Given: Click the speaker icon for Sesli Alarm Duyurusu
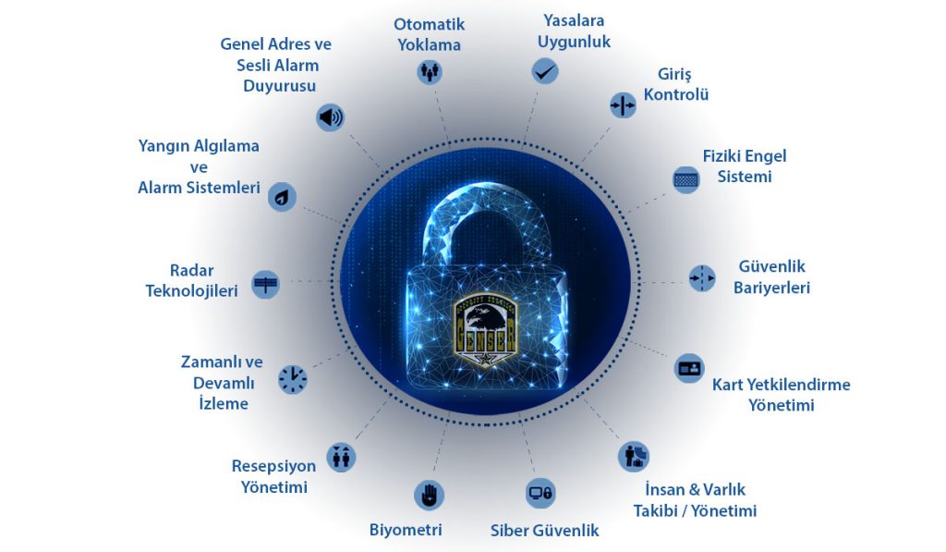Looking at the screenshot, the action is pyautogui.click(x=330, y=117).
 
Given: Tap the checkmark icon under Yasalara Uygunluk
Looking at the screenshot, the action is pyautogui.click(x=545, y=71).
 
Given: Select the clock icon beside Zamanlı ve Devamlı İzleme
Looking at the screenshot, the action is pyautogui.click(x=293, y=379).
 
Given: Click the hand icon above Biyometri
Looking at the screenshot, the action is pyautogui.click(x=429, y=496).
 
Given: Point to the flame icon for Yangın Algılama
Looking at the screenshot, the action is pyautogui.click(x=282, y=196).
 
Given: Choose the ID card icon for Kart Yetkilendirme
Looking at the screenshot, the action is pyautogui.click(x=689, y=368).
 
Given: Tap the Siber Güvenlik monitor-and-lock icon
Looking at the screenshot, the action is pyautogui.click(x=540, y=493).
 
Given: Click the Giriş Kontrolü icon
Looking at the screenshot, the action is pyautogui.click(x=623, y=105).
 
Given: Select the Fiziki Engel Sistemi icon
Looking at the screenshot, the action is pyautogui.click(x=686, y=179).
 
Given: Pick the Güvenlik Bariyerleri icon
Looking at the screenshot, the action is pyautogui.click(x=702, y=278).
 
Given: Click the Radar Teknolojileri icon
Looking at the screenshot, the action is pyautogui.click(x=265, y=284).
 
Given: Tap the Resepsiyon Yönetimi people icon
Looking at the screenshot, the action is pyautogui.click(x=341, y=457).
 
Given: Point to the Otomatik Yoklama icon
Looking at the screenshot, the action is pyautogui.click(x=430, y=71).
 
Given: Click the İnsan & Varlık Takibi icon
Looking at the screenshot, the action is pyautogui.click(x=634, y=456).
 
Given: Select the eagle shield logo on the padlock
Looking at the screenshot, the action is pyautogui.click(x=485, y=331).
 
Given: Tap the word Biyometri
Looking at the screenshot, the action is pyautogui.click(x=406, y=530).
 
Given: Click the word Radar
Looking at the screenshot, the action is pyautogui.click(x=192, y=270).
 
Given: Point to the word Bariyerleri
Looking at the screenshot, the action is pyautogui.click(x=771, y=288).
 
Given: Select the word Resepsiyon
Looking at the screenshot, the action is pyautogui.click(x=273, y=466).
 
